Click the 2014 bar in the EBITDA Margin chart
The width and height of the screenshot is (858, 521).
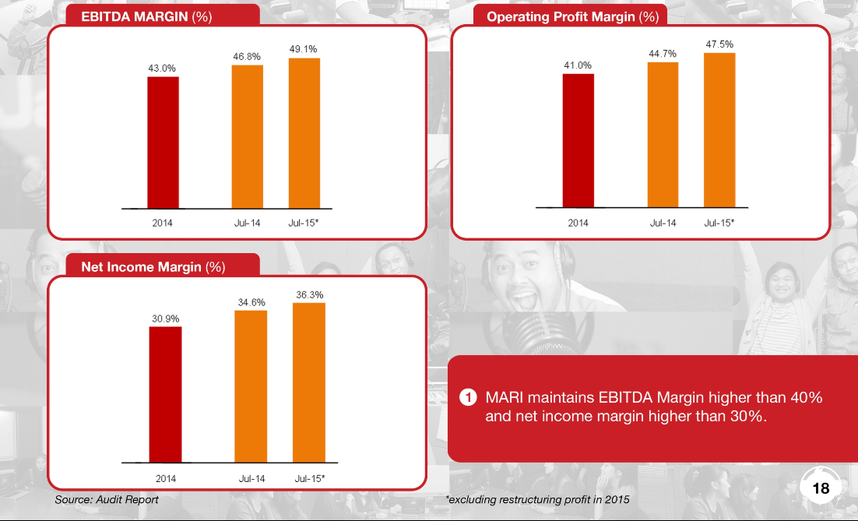coord(163,143)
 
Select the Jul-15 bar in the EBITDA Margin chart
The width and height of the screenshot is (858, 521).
coord(304,133)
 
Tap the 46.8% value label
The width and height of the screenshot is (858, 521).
coord(247,57)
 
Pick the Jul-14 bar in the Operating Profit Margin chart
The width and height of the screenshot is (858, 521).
coord(663,134)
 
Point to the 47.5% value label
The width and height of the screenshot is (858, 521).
coord(719,44)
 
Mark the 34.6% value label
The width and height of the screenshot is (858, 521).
coord(251,301)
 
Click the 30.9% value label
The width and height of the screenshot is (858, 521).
coord(165,319)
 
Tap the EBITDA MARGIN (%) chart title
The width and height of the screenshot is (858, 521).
coord(146,16)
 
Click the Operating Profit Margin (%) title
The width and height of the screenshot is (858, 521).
coord(572,16)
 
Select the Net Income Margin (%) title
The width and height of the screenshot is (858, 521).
coord(153,267)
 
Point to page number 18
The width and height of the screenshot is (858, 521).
coord(821,488)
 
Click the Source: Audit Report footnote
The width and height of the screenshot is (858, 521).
coord(107,499)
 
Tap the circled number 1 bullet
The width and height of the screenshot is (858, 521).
coord(467,398)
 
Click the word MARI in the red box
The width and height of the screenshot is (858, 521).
coord(506,397)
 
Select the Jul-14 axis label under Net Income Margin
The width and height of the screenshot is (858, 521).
coord(251,477)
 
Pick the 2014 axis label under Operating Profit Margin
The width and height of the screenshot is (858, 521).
coord(578,223)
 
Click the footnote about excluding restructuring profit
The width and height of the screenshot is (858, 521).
coord(537,499)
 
